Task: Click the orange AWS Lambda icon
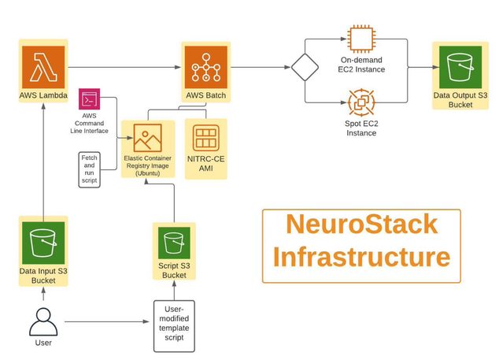click(43, 67)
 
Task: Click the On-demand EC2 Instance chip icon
click(360, 39)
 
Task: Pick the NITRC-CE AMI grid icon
click(205, 137)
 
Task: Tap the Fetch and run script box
click(90, 169)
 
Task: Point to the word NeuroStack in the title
click(361, 225)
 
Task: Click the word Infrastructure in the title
click(361, 258)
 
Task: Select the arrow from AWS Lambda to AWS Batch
click(126, 67)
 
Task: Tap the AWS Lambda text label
click(43, 96)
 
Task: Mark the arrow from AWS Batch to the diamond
click(260, 67)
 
